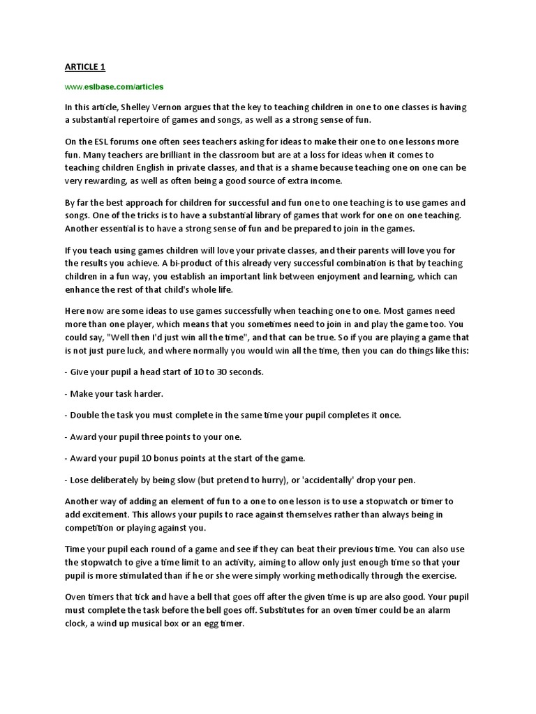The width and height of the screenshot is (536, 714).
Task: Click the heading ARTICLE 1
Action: pos(84,66)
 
